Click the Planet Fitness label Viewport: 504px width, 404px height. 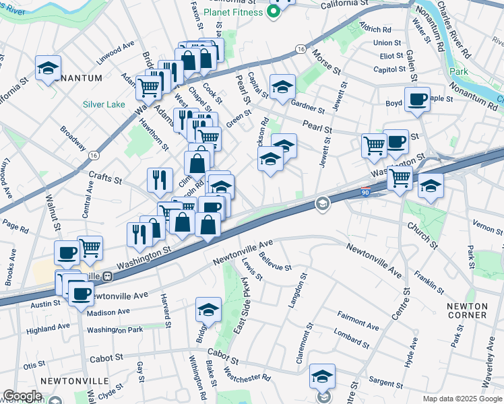pos(235,11)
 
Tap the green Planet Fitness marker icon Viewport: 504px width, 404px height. pos(274,12)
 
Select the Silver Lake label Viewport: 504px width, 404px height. pos(104,104)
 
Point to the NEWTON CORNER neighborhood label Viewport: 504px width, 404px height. pos(467,310)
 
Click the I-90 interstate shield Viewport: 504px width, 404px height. pos(365,191)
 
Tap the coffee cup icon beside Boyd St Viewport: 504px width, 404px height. pos(417,100)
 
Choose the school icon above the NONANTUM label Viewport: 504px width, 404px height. pos(49,67)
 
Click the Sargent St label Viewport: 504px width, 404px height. pos(385,382)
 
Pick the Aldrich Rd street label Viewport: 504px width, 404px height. pos(376,29)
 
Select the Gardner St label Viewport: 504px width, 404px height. pos(308,106)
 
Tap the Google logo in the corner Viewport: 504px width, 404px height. pos(22,396)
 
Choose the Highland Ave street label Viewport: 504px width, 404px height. pos(48,328)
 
